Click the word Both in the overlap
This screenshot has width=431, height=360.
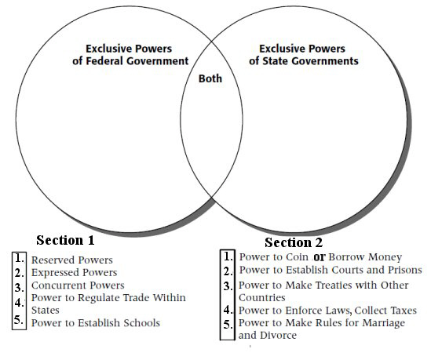click(x=210, y=78)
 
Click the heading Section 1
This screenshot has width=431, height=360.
click(x=65, y=240)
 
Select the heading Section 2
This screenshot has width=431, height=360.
click(x=294, y=242)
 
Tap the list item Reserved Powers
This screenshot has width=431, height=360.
click(x=72, y=260)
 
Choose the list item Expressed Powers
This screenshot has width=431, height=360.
click(x=75, y=272)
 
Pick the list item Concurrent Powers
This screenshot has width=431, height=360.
click(x=78, y=285)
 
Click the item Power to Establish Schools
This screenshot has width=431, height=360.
click(x=96, y=322)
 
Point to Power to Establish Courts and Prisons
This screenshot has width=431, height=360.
click(x=331, y=270)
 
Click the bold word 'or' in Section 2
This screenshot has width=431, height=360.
click(x=320, y=257)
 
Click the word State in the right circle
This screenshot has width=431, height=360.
click(x=276, y=61)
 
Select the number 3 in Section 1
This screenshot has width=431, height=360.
click(x=20, y=287)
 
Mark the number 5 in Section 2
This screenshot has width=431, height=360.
click(x=228, y=325)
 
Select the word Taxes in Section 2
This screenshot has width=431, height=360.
click(x=404, y=311)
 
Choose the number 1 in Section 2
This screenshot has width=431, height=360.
click(x=228, y=256)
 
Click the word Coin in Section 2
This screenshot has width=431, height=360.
click(x=297, y=257)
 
